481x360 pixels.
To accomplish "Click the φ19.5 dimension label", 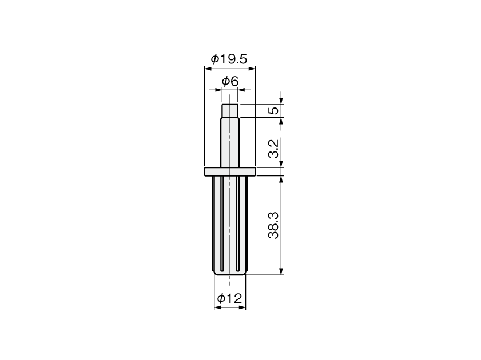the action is point(229,59).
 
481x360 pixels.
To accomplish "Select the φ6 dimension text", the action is point(230,82).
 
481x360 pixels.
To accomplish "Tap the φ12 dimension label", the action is point(229,298).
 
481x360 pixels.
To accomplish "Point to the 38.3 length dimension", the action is point(273,225).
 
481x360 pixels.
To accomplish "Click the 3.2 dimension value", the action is point(273,149).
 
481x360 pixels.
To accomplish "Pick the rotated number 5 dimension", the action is point(273,110).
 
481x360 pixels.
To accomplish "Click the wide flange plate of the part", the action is point(230,171).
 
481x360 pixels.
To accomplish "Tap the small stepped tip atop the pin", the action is point(230,111).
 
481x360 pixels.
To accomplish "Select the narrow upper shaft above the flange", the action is point(230,142).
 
